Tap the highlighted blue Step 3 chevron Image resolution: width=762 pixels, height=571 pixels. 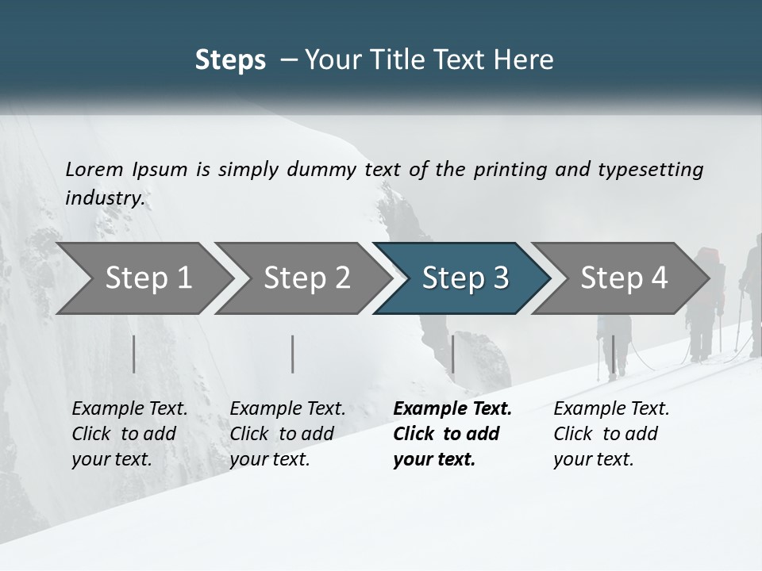pyautogui.click(x=465, y=278)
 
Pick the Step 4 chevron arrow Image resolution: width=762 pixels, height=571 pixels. pyautogui.click(x=624, y=278)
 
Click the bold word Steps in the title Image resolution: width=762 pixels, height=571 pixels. pyautogui.click(x=230, y=60)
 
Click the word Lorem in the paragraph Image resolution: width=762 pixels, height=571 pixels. pyautogui.click(x=93, y=169)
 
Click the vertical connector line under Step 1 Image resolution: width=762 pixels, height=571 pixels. pyautogui.click(x=134, y=354)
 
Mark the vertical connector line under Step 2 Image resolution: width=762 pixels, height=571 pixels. pyautogui.click(x=293, y=354)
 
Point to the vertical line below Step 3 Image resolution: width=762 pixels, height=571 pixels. pyautogui.click(x=452, y=354)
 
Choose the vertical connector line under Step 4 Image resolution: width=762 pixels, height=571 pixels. pyautogui.click(x=613, y=354)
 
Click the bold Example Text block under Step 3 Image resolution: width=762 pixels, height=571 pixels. pyautogui.click(x=452, y=434)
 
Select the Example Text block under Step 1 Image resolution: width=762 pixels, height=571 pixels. pyautogui.click(x=129, y=434)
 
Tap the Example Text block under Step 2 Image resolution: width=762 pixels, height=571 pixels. pyautogui.click(x=287, y=434)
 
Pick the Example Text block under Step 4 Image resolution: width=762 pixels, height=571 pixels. pyautogui.click(x=611, y=434)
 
